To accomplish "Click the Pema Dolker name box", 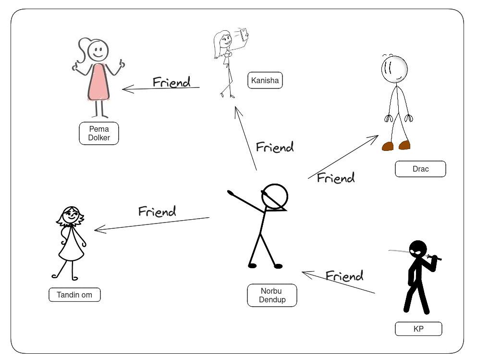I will coord(99,133).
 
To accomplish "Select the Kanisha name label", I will coord(265,80).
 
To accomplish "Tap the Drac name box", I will coord(420,169).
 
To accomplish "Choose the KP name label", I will coord(418,329).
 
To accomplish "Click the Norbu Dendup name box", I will coord(272,295).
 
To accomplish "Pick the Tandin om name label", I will coord(74,295).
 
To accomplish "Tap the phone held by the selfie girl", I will coord(245,33).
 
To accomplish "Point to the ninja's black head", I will coord(418,248).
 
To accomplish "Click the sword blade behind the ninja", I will coord(399,250).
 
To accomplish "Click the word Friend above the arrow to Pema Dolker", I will coord(171,82).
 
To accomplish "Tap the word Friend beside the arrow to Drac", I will coord(336,178).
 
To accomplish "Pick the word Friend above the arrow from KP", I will coord(344,276).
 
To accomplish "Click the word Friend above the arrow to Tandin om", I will coord(157,211).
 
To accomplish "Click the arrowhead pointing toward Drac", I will coord(376,137).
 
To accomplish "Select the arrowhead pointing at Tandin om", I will coord(97,230).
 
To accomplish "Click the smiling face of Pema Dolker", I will coord(98,50).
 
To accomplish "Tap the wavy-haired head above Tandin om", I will coord(71,217).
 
